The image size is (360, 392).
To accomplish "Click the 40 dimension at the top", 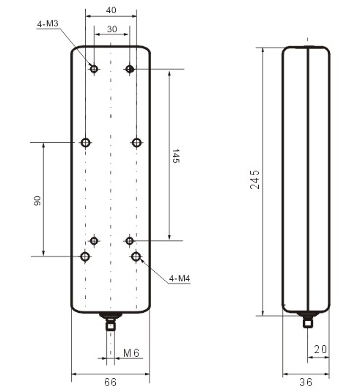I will [x=111, y=10].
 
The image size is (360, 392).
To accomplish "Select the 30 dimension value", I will [x=111, y=29].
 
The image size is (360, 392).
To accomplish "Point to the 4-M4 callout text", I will [x=180, y=279].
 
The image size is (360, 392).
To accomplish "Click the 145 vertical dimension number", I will [x=176, y=158].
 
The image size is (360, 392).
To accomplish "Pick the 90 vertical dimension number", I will [x=37, y=200].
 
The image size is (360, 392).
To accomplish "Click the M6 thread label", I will [x=131, y=353].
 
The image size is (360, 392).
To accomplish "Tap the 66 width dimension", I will [x=111, y=382].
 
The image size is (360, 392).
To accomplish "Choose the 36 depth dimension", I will [x=306, y=382].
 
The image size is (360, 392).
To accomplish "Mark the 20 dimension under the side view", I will [x=320, y=349].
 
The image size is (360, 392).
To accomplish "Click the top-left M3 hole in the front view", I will [x=94, y=69].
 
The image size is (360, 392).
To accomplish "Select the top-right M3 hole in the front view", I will [x=129, y=69].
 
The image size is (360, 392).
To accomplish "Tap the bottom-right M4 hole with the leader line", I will [x=136, y=256].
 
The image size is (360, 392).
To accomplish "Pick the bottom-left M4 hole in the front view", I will [x=86, y=256].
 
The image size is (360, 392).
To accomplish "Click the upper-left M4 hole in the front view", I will [x=86, y=142].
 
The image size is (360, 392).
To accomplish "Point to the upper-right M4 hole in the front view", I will [x=136, y=142].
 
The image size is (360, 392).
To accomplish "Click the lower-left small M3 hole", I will [x=94, y=240].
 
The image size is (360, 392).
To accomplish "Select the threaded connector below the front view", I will [x=111, y=320].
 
